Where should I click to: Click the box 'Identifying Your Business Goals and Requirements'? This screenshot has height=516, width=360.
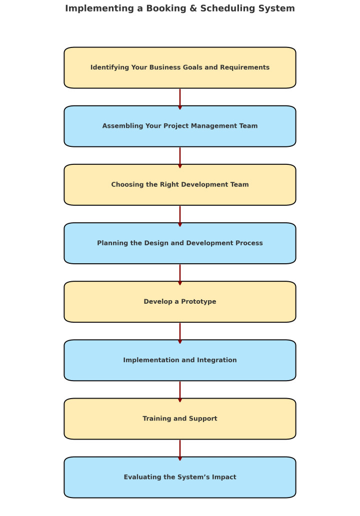tap(180, 67)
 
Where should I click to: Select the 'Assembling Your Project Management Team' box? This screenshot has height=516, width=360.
tap(180, 126)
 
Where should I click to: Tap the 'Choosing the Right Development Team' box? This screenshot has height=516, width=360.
tap(180, 184)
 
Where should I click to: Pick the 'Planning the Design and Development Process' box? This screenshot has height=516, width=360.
tap(180, 243)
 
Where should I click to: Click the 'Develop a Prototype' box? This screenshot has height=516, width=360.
tap(180, 302)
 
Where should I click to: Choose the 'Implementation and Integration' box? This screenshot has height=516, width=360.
tap(180, 360)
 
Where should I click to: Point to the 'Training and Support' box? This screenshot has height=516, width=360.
tap(180, 419)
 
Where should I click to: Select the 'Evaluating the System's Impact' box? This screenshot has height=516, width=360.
tap(180, 477)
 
